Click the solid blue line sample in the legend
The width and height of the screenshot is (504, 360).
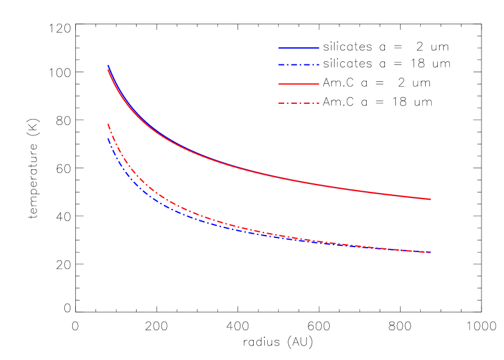point(299,47)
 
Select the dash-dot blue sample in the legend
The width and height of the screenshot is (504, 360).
point(299,64)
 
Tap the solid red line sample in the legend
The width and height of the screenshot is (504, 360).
point(299,84)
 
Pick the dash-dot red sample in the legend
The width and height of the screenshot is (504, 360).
point(299,103)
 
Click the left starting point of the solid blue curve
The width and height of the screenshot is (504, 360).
point(108,65)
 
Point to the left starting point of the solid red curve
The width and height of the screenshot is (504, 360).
point(108,70)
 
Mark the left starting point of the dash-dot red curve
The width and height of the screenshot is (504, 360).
point(108,124)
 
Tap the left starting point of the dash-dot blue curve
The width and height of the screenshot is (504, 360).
point(108,138)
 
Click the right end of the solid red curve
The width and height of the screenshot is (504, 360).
point(431,199)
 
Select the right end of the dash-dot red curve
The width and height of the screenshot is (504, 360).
point(431,252)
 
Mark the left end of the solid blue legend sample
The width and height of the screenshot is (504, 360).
point(279,47)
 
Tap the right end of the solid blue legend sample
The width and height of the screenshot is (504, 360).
point(319,47)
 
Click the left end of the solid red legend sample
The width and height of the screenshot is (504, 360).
point(279,84)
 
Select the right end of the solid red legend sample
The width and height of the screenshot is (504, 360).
point(319,84)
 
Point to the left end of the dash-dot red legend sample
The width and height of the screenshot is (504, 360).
point(279,103)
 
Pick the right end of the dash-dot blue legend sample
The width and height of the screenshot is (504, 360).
point(319,64)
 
